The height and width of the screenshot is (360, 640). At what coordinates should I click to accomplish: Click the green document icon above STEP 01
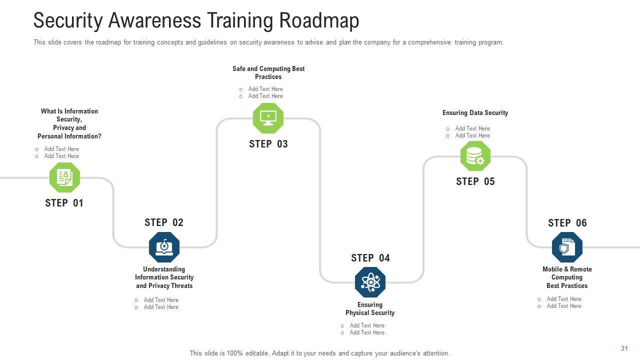tap(64, 177)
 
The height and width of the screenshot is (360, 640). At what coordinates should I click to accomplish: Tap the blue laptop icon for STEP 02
tap(164, 247)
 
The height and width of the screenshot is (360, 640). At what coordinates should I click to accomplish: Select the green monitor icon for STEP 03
tap(268, 118)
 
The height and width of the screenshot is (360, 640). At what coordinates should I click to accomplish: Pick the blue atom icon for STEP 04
tap(370, 282)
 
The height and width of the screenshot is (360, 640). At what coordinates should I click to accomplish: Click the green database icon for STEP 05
tap(475, 156)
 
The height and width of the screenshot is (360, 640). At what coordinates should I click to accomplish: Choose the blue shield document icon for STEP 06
tap(567, 247)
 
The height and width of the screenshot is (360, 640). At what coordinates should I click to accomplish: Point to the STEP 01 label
tap(64, 203)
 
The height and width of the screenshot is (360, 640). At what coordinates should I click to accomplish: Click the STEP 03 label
tap(268, 144)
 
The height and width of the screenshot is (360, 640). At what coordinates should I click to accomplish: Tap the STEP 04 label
tap(370, 258)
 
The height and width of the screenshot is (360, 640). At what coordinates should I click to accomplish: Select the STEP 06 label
tap(567, 223)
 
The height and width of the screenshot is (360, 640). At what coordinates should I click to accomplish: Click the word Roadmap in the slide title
tap(319, 21)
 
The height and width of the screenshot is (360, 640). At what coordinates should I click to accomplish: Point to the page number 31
tap(624, 348)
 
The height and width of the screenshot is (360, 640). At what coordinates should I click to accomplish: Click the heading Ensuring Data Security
tap(475, 113)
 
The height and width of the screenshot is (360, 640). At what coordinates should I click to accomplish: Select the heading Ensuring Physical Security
tap(370, 309)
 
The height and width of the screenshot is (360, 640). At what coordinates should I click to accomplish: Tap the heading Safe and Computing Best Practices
tap(268, 73)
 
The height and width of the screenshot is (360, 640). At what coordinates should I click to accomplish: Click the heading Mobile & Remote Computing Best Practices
tap(567, 277)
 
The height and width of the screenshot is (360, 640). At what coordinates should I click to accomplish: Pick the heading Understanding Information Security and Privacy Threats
tap(164, 277)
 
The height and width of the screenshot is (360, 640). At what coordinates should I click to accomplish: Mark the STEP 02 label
tap(164, 222)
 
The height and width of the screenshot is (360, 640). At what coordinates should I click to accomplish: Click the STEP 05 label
tap(475, 181)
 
